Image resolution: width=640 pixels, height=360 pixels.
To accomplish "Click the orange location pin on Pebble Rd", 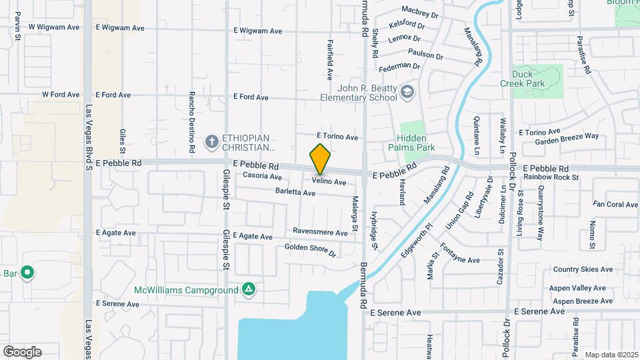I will pos(320,159).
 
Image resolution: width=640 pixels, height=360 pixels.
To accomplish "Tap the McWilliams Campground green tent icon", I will pos(248,289).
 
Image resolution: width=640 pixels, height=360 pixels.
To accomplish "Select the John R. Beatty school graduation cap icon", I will pos(407,92).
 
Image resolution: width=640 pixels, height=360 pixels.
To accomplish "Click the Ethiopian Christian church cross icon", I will pos(211,141).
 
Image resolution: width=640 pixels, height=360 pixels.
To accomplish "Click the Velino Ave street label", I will pos(329,182).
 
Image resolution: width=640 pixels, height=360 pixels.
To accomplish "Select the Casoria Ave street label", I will pos(262,177).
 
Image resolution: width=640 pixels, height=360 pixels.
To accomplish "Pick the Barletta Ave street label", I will pos(295,193).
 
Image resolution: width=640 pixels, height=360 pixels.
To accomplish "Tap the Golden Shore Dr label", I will pos(310,250).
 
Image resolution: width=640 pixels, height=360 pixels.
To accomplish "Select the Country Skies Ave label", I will pos(583,270).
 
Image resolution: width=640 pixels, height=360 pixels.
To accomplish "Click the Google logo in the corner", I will pos(22,351).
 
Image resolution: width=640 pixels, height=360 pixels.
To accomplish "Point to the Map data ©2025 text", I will pos(611,355).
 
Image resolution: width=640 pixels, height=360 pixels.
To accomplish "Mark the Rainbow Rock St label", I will pos(551,177).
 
